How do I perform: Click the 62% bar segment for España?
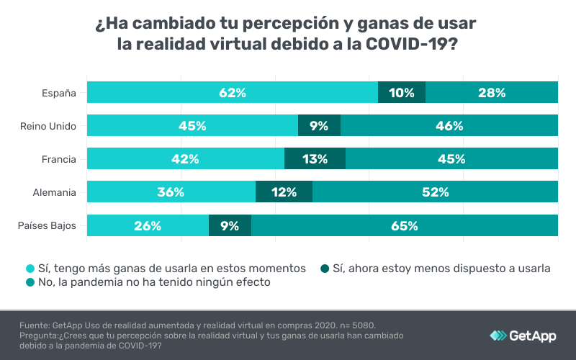pyautogui.click(x=233, y=92)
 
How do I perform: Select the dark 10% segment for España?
pyautogui.click(x=402, y=92)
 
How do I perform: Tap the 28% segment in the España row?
pyautogui.click(x=492, y=92)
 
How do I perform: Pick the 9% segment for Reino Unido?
pyautogui.click(x=319, y=125)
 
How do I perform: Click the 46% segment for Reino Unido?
pyautogui.click(x=449, y=125)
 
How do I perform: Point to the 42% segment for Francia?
pyautogui.click(x=186, y=159)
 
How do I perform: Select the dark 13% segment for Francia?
pyautogui.click(x=315, y=159)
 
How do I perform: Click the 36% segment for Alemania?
pyautogui.click(x=171, y=192)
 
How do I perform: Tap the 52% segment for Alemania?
pyautogui.click(x=435, y=192)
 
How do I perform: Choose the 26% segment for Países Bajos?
pyautogui.click(x=148, y=225)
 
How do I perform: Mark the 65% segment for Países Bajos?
pyautogui.click(x=405, y=225)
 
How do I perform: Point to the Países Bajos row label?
pyautogui.click(x=47, y=226)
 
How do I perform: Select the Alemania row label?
pyautogui.click(x=54, y=193)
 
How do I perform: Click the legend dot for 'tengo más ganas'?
pyautogui.click(x=30, y=268)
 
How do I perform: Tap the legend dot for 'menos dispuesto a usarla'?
pyautogui.click(x=325, y=268)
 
